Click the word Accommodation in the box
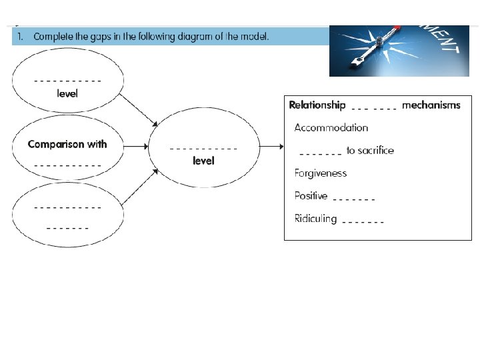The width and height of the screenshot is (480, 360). point(331,127)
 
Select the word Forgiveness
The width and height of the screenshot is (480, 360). point(321,173)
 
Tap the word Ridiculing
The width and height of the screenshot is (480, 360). point(315,219)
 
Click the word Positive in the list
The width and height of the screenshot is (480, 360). point(311,196)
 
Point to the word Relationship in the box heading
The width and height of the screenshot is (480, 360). point(317,105)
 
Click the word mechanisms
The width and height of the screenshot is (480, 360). point(431,105)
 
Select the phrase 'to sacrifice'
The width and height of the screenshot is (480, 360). point(370,151)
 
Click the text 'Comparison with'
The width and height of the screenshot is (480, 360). point(67,144)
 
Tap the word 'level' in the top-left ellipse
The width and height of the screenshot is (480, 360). point(67,94)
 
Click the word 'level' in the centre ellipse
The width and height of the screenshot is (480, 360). point(203,161)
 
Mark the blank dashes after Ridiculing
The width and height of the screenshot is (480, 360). point(363,221)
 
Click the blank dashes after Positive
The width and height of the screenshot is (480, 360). point(353,199)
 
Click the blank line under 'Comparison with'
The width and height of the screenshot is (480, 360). point(67,164)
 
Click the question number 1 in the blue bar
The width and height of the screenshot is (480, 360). point(21,36)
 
